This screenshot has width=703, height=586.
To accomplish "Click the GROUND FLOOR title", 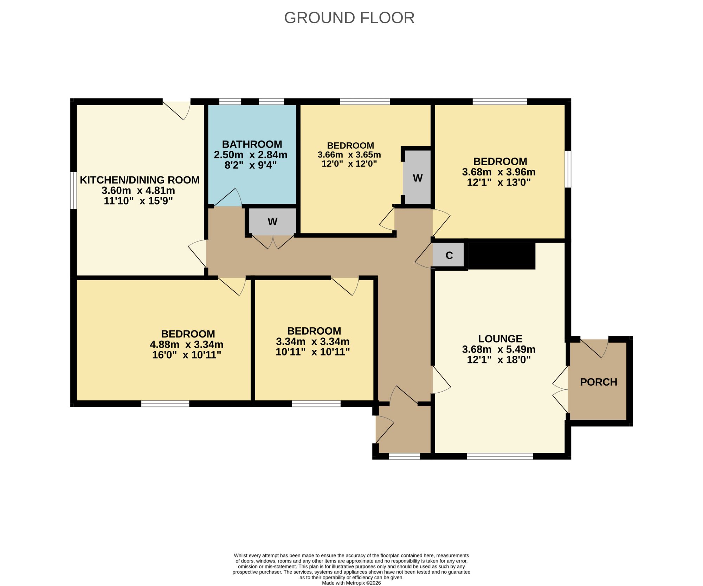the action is point(349,18).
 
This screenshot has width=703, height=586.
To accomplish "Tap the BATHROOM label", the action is point(252,144).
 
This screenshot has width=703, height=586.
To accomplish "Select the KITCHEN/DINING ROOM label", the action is point(140,180).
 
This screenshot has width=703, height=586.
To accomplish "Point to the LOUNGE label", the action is point(500,339).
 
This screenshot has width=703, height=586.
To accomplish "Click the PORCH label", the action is point(599,382).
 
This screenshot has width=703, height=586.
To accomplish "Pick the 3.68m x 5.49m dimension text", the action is point(499,349).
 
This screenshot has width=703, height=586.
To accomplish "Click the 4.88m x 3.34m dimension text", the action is point(187,344).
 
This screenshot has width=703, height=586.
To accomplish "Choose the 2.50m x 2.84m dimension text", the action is point(251,155).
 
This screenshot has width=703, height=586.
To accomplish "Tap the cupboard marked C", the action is point(449,255).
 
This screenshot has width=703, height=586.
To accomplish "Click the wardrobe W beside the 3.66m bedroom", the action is point(418,178).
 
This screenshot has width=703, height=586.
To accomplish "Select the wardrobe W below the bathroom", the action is point(272,221).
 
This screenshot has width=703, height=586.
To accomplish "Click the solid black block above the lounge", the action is point(502,256).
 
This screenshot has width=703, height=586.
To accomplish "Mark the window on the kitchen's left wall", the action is point(73,190).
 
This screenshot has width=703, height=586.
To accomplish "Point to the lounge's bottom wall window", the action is point(500,456).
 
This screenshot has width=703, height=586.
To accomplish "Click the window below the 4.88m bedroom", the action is point(165,404).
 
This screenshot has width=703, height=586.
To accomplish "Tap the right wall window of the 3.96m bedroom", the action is point(568,169).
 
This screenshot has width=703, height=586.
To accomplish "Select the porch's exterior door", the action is point(594,347).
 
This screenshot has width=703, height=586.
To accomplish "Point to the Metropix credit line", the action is point(351,583).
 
